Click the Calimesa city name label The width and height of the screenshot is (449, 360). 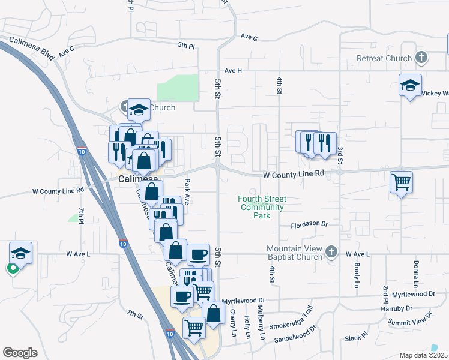(x=138, y=179)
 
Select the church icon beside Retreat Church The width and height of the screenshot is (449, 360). (x=421, y=58)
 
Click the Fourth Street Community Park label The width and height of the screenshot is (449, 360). (x=262, y=207)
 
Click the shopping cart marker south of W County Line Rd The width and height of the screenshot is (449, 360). (x=401, y=181)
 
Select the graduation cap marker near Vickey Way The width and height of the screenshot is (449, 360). (x=410, y=85)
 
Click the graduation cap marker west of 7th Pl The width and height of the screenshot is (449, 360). (x=20, y=253)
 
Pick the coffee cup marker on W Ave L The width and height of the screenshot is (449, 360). (x=198, y=254)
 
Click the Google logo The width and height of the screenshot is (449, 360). (x=20, y=353)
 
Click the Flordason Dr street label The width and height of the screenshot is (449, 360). (x=309, y=224)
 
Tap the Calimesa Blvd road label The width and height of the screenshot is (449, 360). (x=32, y=47)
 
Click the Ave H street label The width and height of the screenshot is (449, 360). (x=233, y=70)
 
